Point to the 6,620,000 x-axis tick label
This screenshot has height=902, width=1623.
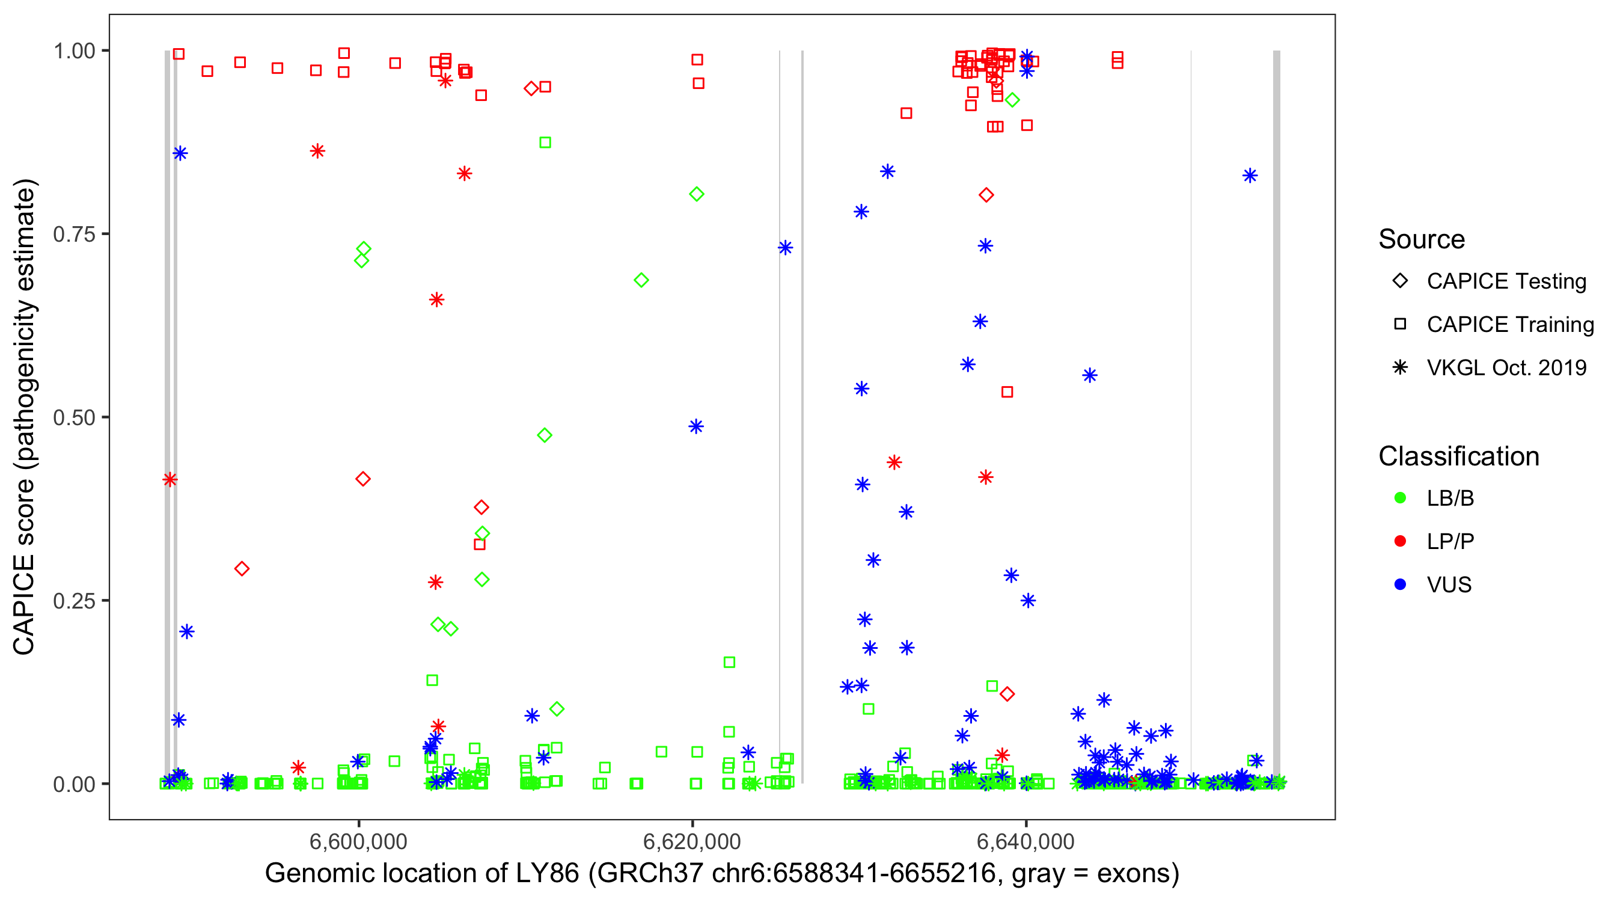tap(692, 841)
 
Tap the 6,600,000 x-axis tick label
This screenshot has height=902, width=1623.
tap(358, 841)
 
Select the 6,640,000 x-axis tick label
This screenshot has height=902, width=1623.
tap(1025, 841)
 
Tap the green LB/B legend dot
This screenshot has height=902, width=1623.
tap(1400, 498)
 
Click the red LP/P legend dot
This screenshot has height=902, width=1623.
tap(1400, 541)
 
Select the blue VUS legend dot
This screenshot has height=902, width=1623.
tap(1400, 584)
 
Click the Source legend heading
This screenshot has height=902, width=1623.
tap(1421, 239)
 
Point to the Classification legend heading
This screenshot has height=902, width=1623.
tap(1458, 456)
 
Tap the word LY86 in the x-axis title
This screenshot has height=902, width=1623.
tap(547, 874)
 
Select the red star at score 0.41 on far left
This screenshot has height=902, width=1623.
tap(170, 480)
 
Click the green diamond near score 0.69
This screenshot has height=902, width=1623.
tap(641, 280)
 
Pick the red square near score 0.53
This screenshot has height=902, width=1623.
tap(1007, 392)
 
